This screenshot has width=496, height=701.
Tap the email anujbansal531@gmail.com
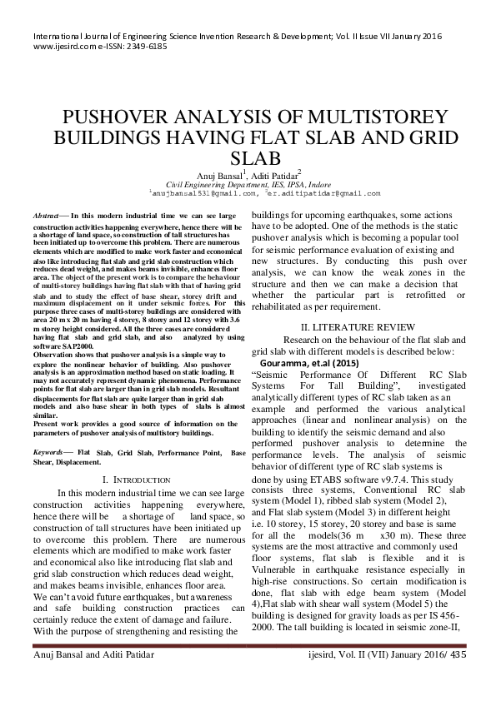tap(203, 192)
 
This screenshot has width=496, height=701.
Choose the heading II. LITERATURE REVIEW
tap(353, 327)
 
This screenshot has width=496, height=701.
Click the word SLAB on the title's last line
tap(249, 158)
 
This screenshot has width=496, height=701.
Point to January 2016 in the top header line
tap(413, 37)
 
